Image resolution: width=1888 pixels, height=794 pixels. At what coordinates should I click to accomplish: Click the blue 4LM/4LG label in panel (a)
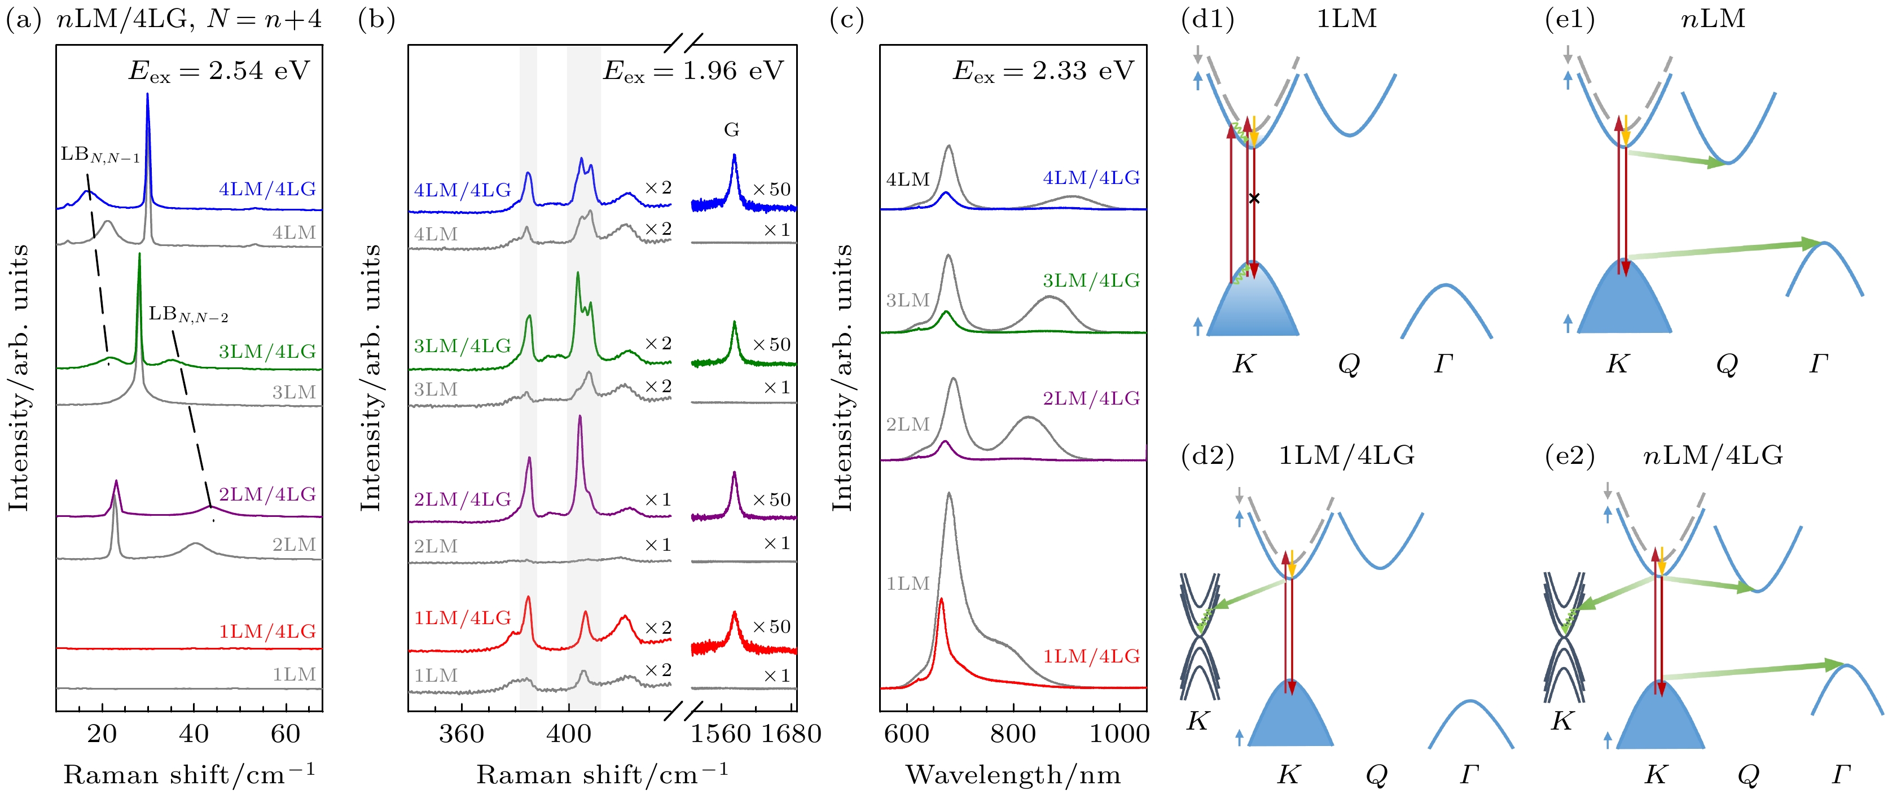click(267, 189)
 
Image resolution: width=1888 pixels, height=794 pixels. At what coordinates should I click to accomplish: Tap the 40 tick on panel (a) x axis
click(194, 734)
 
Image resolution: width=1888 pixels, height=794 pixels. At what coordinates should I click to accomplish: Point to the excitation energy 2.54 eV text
click(219, 71)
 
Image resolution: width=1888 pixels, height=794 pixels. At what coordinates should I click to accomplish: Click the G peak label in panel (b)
click(731, 130)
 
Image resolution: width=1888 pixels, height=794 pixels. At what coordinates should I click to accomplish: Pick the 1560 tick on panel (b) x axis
click(721, 734)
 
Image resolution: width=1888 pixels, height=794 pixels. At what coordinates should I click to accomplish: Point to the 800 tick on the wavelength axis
click(1013, 734)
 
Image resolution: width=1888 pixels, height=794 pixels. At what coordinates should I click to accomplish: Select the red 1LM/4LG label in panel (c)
click(1091, 657)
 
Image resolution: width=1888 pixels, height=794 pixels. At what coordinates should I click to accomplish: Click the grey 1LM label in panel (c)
click(907, 584)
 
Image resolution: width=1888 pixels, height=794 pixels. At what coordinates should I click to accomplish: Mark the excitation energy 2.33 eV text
click(1043, 71)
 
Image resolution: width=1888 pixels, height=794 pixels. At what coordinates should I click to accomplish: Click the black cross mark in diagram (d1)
click(1254, 198)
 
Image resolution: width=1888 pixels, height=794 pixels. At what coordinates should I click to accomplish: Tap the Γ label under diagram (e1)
click(1819, 363)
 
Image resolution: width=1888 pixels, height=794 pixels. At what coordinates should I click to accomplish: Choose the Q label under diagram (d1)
click(1349, 363)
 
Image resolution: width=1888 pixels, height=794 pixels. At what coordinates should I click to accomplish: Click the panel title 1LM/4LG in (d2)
click(1346, 456)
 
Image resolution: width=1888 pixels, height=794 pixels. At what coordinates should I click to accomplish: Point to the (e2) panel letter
click(1570, 456)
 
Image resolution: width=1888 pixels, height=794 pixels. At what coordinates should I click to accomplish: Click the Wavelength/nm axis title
click(1013, 775)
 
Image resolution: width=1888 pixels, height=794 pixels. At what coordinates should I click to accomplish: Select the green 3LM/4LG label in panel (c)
click(1091, 281)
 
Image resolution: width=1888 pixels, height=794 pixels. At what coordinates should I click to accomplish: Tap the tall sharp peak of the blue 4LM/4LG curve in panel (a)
click(148, 95)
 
